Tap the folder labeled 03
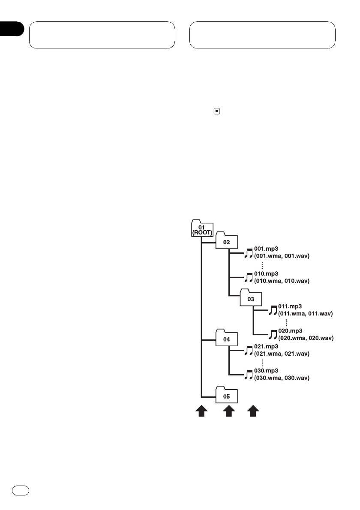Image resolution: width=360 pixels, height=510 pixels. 250,298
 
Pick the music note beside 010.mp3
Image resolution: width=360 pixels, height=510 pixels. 248,278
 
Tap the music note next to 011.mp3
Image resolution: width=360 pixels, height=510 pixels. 273,311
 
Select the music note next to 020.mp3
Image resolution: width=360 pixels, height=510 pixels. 273,335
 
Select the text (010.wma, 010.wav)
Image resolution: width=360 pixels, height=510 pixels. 282,281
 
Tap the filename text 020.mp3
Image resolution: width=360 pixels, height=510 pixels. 291,331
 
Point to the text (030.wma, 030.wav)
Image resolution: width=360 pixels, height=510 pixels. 282,378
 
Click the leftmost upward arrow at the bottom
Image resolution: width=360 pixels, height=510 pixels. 201,412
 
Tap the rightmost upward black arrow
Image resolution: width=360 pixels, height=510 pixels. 254,412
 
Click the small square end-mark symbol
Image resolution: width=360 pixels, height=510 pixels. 217,111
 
